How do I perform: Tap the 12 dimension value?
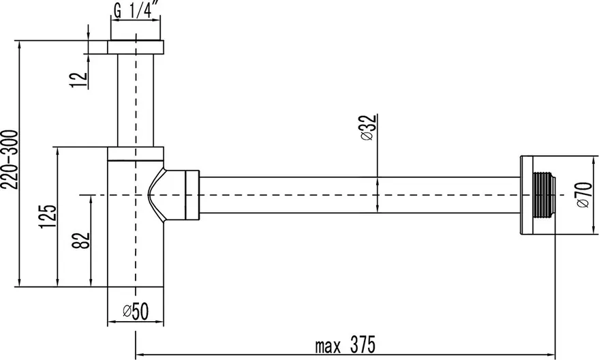80,79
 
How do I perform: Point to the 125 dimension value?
48,216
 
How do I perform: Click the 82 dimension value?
81,241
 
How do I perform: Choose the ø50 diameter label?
136,311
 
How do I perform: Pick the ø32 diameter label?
368,127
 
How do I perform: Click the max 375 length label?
345,345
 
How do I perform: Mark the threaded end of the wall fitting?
543,195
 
